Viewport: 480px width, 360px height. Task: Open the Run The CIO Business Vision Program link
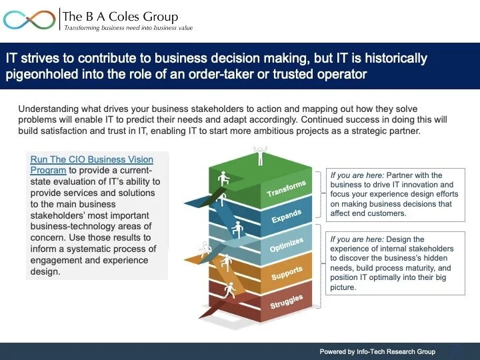pos(91,165)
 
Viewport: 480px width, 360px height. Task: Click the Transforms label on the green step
pos(286,189)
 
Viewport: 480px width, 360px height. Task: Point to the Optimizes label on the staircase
pos(286,245)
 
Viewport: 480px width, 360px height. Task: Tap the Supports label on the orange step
pos(286,273)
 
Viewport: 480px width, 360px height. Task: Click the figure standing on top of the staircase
pos(259,156)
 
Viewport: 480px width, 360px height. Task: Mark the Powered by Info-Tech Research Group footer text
pos(377,351)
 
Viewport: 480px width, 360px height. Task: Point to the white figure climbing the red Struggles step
pos(230,290)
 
